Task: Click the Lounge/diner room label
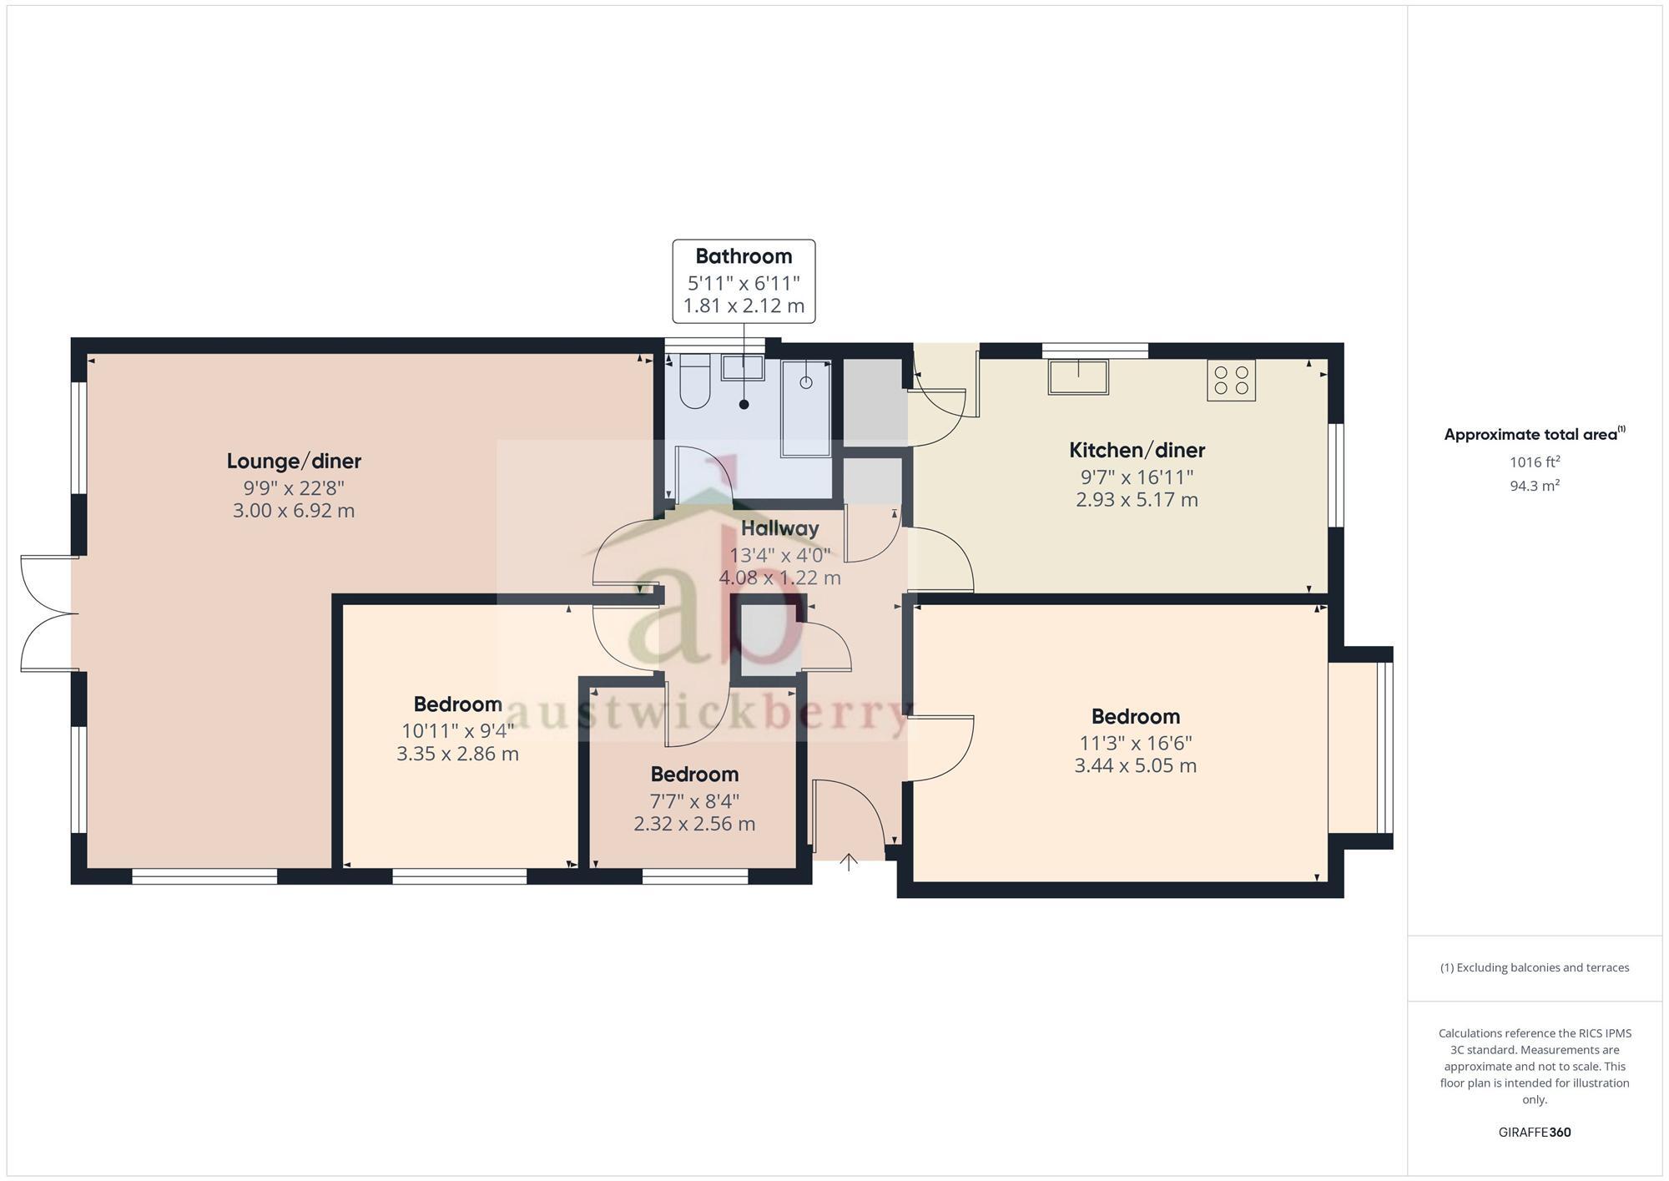click(x=294, y=461)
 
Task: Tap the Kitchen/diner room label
click(x=1137, y=451)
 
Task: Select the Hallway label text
click(x=779, y=528)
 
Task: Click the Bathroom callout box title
click(x=744, y=256)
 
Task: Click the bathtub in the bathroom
click(x=806, y=409)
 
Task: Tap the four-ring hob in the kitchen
click(x=1231, y=381)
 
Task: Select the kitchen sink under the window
click(x=1078, y=376)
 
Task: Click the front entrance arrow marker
click(x=849, y=862)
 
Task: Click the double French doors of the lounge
click(x=48, y=613)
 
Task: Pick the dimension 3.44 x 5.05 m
click(x=1135, y=766)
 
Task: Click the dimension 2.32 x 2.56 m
click(x=694, y=825)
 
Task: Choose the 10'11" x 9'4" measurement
click(x=457, y=731)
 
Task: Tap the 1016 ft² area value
click(x=1534, y=462)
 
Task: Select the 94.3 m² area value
click(x=1534, y=486)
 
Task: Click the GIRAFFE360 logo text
click(x=1534, y=1133)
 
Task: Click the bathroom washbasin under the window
click(x=742, y=368)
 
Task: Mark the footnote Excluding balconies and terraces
click(x=1534, y=968)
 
